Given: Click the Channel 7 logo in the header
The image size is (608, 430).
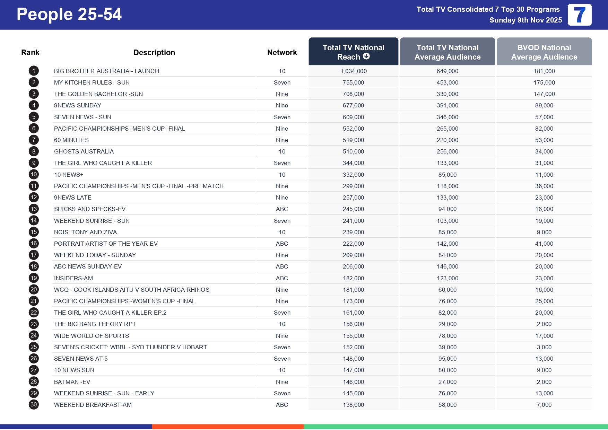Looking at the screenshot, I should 579,15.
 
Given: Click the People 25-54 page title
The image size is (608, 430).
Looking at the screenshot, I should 69,15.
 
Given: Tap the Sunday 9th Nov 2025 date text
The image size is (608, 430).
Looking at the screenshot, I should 526,20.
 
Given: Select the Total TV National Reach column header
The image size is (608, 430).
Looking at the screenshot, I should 353,52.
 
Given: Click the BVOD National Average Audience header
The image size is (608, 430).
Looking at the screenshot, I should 544,52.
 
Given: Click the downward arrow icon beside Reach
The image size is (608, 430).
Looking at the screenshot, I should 366,56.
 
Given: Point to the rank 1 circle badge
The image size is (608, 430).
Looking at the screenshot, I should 34,71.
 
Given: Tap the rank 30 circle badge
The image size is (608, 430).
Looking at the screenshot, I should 34,404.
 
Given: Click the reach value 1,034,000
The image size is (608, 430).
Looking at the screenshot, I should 353,71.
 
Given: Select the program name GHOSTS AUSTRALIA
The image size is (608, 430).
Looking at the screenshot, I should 84,151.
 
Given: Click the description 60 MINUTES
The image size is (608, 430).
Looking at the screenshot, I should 71,140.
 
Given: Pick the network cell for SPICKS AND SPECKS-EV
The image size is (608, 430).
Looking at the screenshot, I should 282,209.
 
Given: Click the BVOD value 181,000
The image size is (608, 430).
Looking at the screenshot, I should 544,71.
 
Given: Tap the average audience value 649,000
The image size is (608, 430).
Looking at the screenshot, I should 447,71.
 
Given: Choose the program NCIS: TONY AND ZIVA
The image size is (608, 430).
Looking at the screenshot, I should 85,232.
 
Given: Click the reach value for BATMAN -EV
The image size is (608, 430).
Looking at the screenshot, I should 353,382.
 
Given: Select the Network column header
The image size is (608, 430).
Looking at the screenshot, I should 282,52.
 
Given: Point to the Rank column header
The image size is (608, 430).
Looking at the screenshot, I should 30,52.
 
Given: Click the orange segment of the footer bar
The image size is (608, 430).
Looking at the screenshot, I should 228,427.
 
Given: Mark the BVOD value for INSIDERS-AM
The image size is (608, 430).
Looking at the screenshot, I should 544,278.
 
